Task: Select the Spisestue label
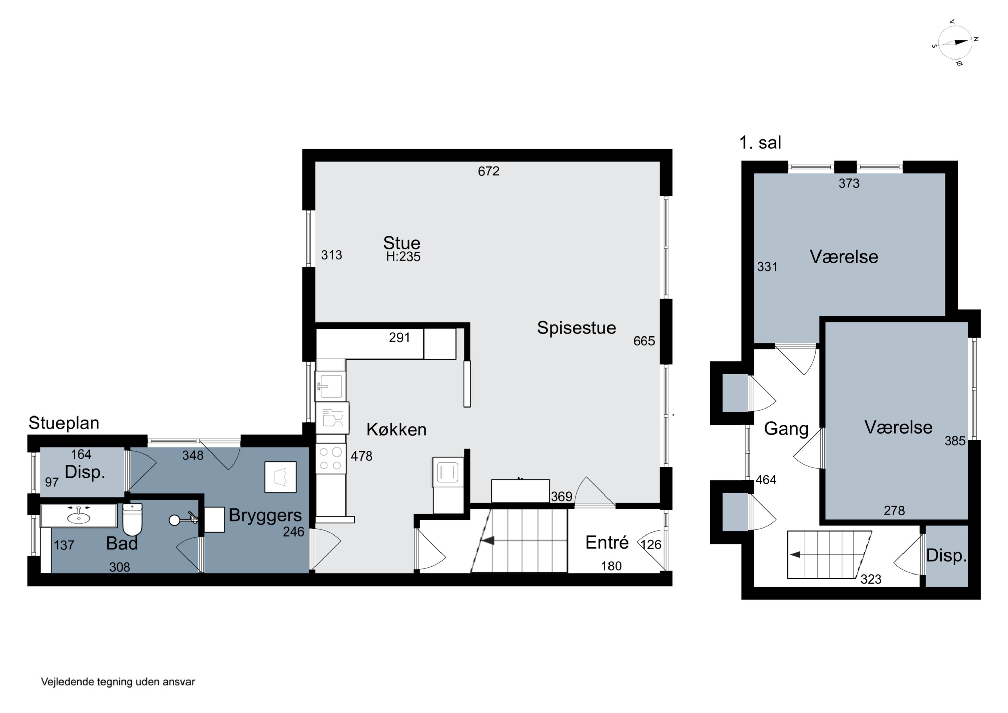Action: click(x=577, y=328)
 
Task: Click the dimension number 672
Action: click(x=489, y=171)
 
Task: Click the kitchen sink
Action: click(x=331, y=386)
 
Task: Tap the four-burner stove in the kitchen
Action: click(x=331, y=458)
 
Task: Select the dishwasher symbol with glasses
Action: click(x=332, y=418)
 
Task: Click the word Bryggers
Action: click(x=265, y=516)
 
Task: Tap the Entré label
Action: click(x=607, y=543)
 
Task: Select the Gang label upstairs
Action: click(x=786, y=429)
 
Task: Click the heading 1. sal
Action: click(x=760, y=143)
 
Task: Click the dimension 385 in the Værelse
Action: click(x=955, y=441)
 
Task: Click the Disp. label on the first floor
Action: click(x=947, y=556)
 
